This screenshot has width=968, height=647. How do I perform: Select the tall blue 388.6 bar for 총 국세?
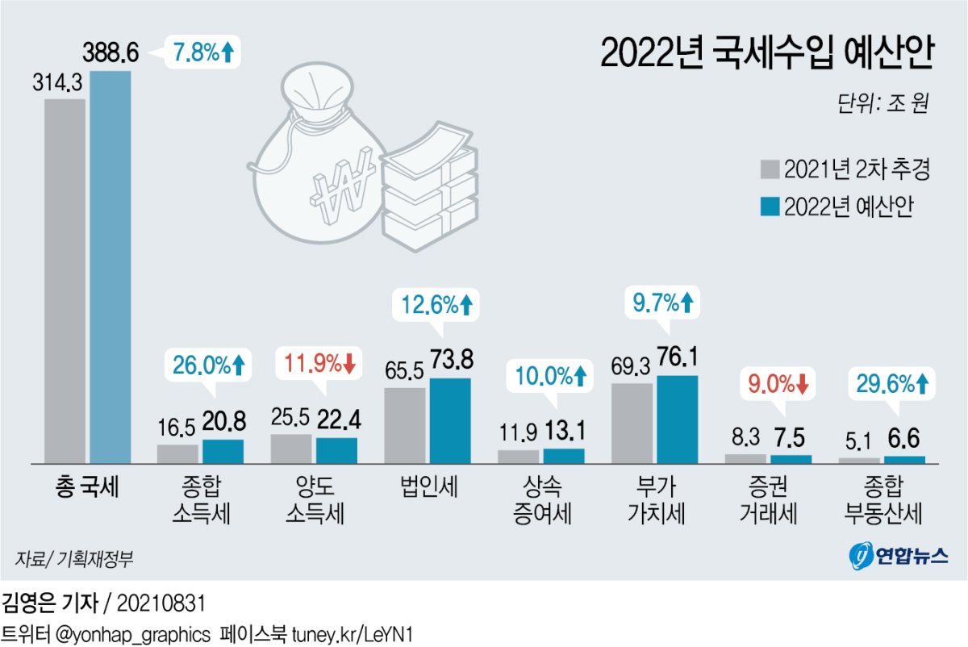coord(110,266)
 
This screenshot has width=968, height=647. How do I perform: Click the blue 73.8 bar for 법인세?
coord(450,420)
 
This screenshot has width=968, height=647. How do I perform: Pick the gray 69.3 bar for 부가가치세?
coord(632,423)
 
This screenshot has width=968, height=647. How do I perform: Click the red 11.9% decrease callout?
coord(319,365)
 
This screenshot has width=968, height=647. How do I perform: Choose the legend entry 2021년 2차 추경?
coord(846,170)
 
